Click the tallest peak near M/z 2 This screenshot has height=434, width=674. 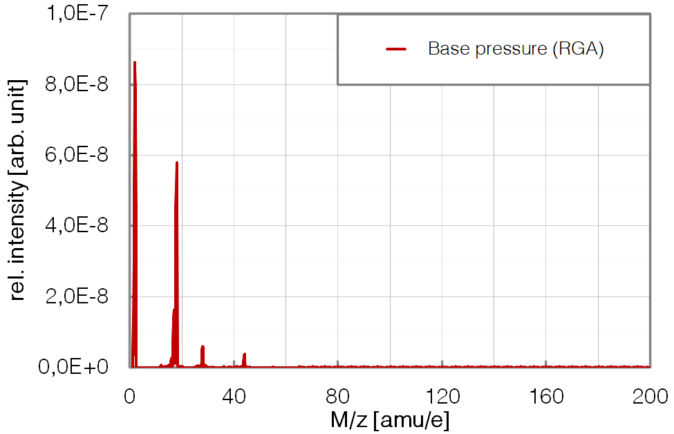point(135,64)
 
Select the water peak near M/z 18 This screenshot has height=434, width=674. point(177,164)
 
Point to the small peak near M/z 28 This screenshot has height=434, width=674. point(203,348)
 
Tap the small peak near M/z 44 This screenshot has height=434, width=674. point(245,355)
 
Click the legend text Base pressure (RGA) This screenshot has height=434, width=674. point(516,49)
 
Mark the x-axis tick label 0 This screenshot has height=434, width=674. point(130,396)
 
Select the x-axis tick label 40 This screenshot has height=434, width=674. point(234,396)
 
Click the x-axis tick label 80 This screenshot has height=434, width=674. point(338,396)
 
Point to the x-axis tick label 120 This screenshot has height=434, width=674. point(442,396)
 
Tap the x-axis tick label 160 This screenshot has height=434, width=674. point(546,396)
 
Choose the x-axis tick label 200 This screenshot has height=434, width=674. point(650,396)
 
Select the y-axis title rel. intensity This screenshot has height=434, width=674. point(18,190)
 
